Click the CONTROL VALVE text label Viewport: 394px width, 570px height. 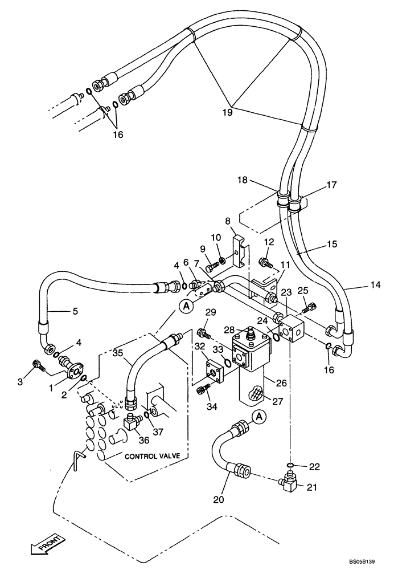click(153, 456)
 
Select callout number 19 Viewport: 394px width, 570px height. click(227, 113)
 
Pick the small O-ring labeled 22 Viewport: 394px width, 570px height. click(291, 466)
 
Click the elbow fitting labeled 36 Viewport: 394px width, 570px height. click(133, 422)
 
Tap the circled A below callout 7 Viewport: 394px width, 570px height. click(186, 306)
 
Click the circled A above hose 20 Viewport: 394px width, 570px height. click(258, 417)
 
